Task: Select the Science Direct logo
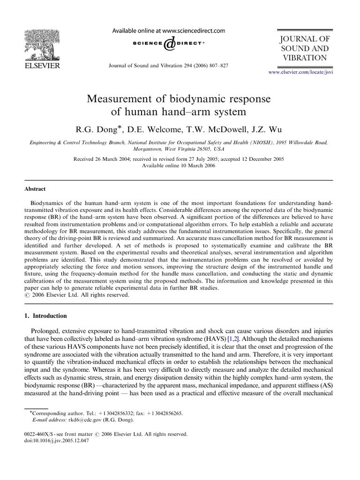(168, 44)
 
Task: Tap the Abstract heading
(35, 189)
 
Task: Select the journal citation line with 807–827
(168, 66)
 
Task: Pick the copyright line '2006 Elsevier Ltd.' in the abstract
(75, 295)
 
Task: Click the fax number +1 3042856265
(160, 413)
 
